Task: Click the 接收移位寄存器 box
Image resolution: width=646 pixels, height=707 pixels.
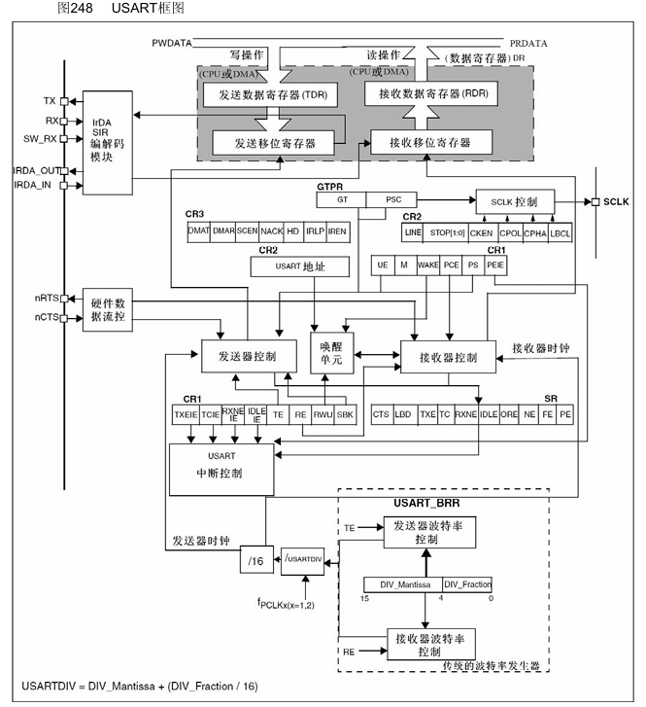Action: [x=429, y=143]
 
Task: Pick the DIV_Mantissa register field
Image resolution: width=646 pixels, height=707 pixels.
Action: [x=401, y=584]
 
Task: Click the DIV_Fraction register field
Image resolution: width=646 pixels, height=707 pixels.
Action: [x=466, y=584]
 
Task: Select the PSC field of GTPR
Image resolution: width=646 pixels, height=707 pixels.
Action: [x=393, y=199]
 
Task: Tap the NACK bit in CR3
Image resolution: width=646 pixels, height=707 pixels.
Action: [x=272, y=231]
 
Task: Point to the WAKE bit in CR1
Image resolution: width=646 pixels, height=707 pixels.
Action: [x=428, y=265]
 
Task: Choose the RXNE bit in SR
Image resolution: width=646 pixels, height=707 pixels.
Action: [x=467, y=413]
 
